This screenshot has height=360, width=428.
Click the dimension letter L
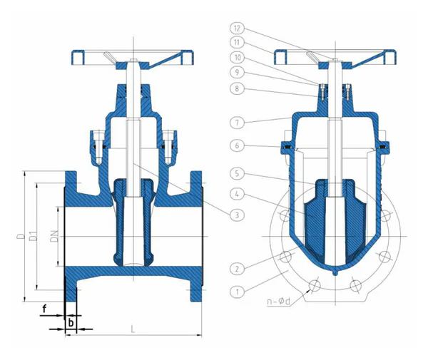coord(134,329)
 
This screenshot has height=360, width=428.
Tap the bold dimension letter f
coord(44,309)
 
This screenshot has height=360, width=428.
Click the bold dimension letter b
coord(70,323)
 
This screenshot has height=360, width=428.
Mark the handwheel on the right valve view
coord(333,56)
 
